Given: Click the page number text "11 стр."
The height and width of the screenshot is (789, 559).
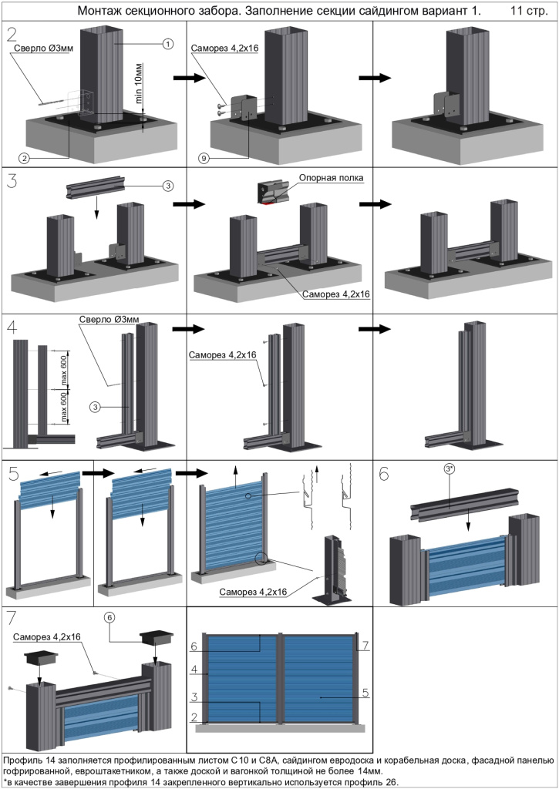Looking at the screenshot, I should point(528,12).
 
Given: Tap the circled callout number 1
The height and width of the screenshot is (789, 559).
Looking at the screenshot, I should point(167,45).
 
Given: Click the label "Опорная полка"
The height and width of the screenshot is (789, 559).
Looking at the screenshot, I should point(332,177).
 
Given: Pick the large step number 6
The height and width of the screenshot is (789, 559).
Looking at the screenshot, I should point(384,474).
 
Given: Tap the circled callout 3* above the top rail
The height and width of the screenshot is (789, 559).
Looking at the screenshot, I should point(450,468).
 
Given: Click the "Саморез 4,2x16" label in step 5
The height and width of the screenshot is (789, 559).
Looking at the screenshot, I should point(252,592).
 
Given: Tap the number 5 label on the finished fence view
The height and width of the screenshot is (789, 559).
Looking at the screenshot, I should point(365,693).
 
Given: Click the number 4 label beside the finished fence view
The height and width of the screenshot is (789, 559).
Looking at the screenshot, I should point(195,670).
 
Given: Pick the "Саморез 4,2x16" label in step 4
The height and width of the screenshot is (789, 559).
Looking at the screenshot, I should point(222,354).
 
